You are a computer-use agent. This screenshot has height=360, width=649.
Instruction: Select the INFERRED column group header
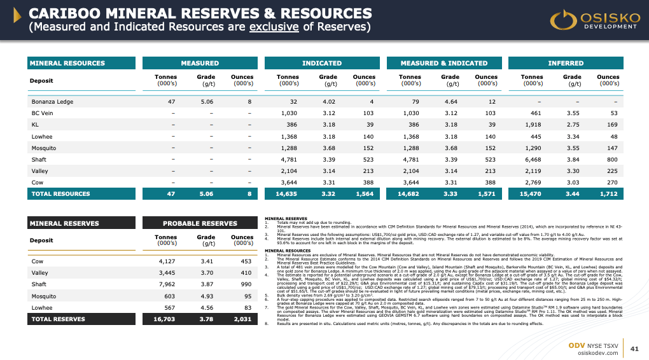tap(566, 63)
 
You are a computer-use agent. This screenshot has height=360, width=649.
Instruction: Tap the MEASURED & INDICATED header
tap(443, 63)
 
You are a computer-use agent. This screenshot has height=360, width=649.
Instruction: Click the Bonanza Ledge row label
tap(53, 101)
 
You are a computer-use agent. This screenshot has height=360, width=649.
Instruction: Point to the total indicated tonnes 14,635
tap(286, 193)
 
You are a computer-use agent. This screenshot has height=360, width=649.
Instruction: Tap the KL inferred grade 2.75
tap(573, 125)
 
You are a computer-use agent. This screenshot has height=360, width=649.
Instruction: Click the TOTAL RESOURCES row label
tap(60, 193)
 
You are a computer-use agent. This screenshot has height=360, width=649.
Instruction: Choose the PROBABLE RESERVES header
tap(201, 223)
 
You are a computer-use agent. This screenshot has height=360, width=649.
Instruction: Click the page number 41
tap(634, 349)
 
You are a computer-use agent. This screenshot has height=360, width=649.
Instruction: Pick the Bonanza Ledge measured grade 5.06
tap(207, 101)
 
